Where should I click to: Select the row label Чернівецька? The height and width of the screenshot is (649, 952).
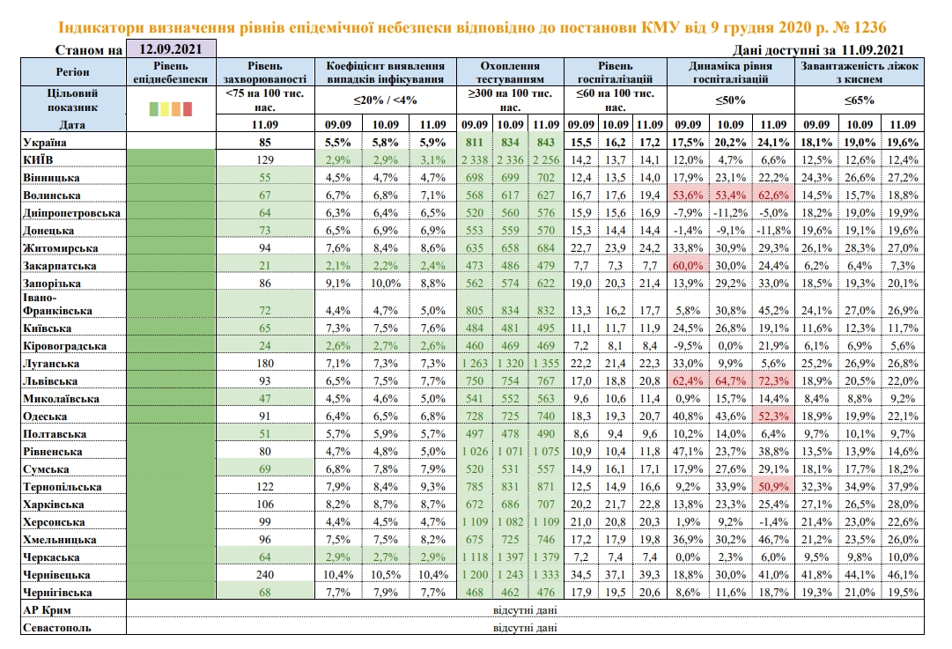(60, 574)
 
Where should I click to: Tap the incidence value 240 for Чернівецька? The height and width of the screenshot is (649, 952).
(264, 574)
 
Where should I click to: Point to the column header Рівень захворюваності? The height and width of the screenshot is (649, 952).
(264, 72)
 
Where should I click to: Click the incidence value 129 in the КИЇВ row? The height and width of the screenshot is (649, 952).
(264, 159)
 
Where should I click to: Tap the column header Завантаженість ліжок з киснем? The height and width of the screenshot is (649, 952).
(859, 72)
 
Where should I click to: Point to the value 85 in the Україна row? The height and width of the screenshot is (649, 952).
(264, 141)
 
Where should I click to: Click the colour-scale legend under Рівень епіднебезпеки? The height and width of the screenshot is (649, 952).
(171, 108)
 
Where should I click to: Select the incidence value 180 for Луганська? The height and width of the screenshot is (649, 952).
(264, 364)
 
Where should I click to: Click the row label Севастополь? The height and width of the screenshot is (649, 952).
(60, 628)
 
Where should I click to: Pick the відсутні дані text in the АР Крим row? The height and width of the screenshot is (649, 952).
(525, 610)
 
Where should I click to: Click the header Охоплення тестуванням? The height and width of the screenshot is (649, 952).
(510, 72)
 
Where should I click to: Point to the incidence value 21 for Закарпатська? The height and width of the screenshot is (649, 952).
(264, 265)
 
